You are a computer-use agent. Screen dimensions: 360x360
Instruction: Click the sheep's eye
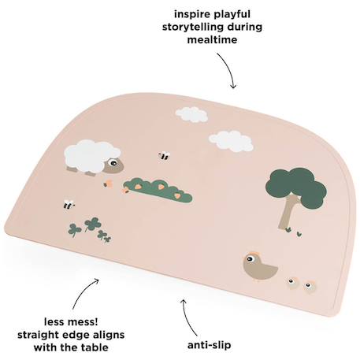[113, 163]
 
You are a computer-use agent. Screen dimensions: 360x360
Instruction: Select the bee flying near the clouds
[164, 156]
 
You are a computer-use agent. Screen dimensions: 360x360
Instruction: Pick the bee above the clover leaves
[69, 204]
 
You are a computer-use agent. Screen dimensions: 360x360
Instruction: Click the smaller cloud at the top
[191, 115]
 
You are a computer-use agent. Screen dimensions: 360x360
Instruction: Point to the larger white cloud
[231, 142]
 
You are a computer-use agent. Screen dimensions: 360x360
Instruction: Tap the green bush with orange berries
[158, 190]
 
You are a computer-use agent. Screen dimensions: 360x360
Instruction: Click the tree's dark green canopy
[296, 187]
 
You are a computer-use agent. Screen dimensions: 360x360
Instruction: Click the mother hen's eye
[250, 260]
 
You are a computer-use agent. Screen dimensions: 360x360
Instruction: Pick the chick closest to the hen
[292, 282]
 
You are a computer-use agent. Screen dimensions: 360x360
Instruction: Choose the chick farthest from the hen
[310, 286]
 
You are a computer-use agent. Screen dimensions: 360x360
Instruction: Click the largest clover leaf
[91, 224]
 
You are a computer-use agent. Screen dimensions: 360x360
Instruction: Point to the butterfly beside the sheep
[108, 183]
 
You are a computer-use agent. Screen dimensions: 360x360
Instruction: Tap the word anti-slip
[210, 345]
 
